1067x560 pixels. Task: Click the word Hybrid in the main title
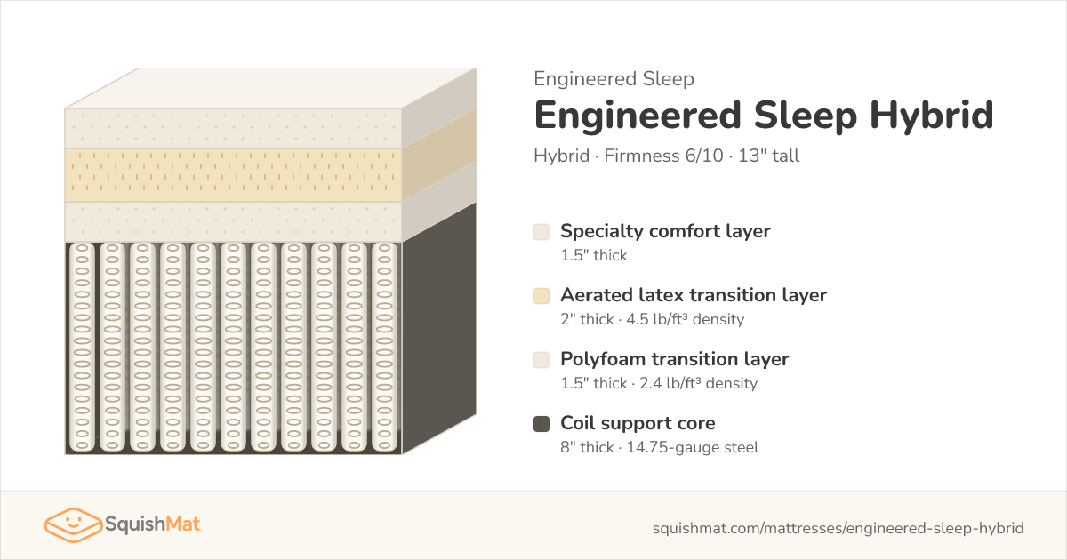point(932,116)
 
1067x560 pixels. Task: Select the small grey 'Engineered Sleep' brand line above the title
point(614,79)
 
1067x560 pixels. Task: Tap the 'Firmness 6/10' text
point(663,156)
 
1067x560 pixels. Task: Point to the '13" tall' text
point(769,156)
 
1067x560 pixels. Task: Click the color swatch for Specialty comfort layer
point(542,232)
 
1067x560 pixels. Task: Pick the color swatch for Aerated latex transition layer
point(542,296)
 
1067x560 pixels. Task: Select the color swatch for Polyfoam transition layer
point(542,360)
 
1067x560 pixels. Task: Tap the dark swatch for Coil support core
point(542,424)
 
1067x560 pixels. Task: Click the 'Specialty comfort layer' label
point(665,231)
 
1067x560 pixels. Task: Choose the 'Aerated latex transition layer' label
point(694,295)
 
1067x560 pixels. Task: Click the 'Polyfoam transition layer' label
point(675,359)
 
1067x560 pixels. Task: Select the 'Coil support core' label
point(638,423)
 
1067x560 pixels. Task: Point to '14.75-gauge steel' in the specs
point(693,448)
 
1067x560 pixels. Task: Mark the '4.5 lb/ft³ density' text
point(685,319)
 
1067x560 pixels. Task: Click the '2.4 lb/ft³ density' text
point(698,383)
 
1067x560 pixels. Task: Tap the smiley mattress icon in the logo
point(73,524)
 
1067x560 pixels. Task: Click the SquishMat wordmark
point(152,524)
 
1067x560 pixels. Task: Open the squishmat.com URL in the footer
point(838,528)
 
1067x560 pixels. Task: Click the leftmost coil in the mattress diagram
point(82,348)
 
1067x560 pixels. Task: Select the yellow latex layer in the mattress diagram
point(233,175)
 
